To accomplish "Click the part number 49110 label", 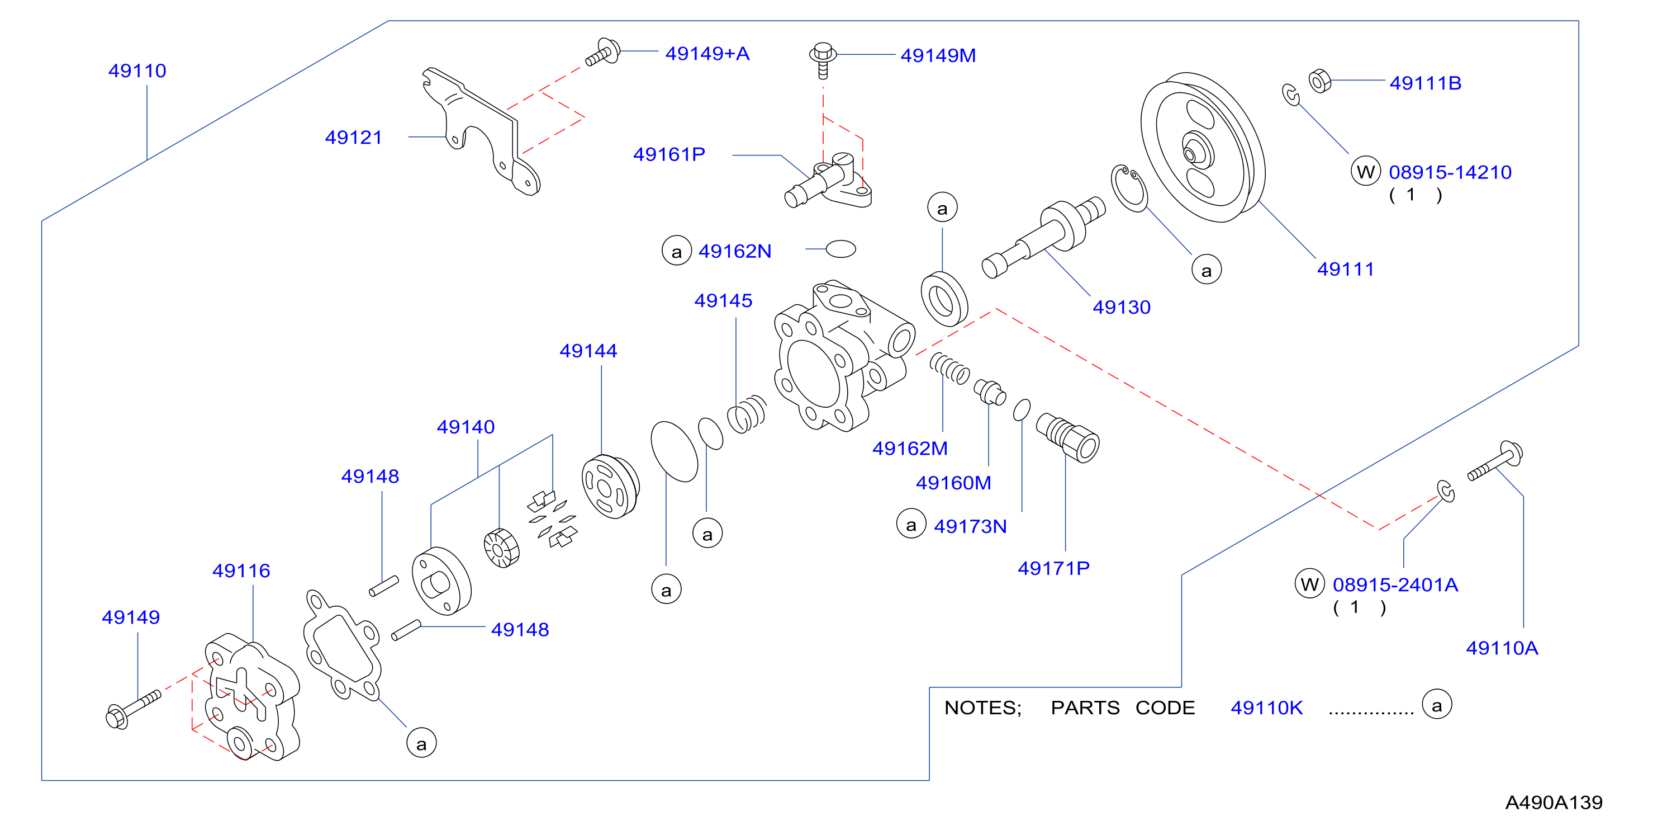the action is (137, 70).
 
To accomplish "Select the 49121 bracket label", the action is (353, 137).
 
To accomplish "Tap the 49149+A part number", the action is (707, 53).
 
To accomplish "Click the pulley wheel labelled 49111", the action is (1203, 147).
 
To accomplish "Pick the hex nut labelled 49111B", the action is (1319, 81).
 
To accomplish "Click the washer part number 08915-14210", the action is (1450, 172).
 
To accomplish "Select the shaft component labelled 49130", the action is (1043, 237).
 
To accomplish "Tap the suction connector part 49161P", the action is (828, 181).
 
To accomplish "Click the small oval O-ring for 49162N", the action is (841, 249).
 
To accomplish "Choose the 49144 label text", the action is (588, 351).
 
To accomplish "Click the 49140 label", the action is (466, 427).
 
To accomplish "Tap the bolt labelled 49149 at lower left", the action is (132, 710).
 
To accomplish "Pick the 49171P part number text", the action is (1053, 568).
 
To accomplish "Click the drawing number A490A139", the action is (1554, 803).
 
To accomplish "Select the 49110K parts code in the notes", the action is (1266, 708).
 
